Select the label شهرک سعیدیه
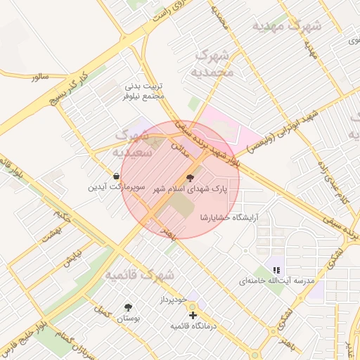click(136, 143)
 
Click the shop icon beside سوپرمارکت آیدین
click(115, 175)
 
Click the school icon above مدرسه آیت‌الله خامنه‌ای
click(276, 269)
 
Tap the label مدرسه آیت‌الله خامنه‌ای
click(274, 281)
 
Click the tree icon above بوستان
click(127, 307)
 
